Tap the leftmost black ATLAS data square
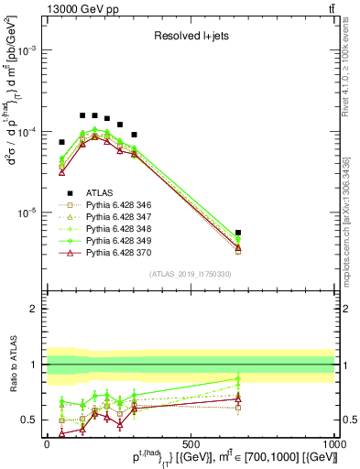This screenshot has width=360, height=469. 61,142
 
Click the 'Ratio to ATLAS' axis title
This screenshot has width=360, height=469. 12,365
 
